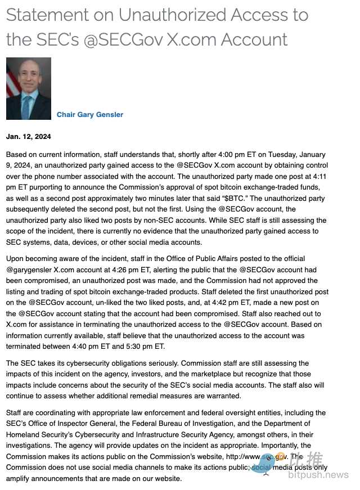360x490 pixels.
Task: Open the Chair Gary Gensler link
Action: [x=90, y=115]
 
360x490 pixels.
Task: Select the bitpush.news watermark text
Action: [x=318, y=475]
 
